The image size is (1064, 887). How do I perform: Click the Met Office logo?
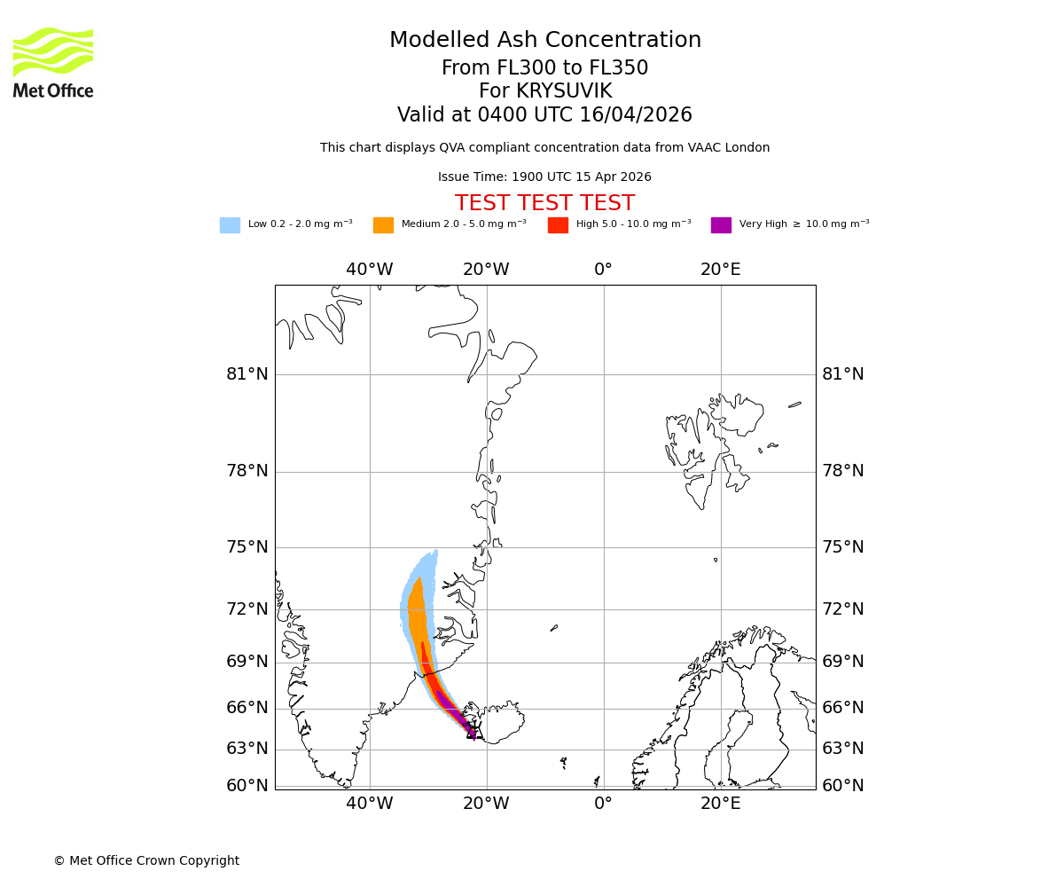coord(53,62)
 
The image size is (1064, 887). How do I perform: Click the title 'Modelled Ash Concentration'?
coord(544,40)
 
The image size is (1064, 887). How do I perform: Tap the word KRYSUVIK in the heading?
coord(564,91)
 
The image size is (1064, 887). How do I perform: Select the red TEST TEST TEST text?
coord(544,203)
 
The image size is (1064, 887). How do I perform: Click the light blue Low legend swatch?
coord(230,224)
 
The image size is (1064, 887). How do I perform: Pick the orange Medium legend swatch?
coord(383,224)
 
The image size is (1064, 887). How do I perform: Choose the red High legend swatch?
coord(558,224)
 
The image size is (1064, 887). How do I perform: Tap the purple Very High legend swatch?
coord(721,224)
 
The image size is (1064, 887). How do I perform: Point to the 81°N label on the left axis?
coord(247,374)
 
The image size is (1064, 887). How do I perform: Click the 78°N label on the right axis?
coord(843,471)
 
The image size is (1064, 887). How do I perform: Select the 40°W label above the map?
coord(370,270)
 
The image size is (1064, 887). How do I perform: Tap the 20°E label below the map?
coord(721,804)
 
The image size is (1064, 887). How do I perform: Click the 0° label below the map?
coord(604,804)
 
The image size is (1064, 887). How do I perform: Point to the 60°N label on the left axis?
coord(247,785)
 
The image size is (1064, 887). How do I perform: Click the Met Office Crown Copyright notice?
coord(146,860)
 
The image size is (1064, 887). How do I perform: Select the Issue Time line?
coord(544,177)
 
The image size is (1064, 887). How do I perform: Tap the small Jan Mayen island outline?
coord(554,628)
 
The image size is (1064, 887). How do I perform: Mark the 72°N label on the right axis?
coord(843,608)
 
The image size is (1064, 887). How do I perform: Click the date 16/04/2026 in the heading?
coord(636,115)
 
